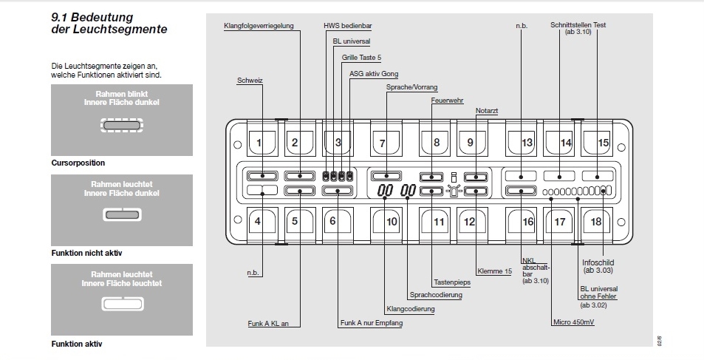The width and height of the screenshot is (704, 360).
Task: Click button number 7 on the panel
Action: pyautogui.click(x=383, y=143)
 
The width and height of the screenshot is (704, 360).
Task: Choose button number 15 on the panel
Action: pyautogui.click(x=603, y=143)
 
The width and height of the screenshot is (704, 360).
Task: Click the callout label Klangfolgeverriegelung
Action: pyautogui.click(x=259, y=26)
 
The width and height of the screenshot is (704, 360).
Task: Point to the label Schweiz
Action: pyautogui.click(x=250, y=80)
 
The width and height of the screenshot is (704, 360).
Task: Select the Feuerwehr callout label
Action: pyautogui.click(x=447, y=98)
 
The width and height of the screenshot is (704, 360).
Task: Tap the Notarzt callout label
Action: pyautogui.click(x=486, y=111)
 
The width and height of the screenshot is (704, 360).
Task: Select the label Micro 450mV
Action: pyautogui.click(x=573, y=322)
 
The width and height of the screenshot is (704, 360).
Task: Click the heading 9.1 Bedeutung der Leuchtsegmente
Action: pyautogui.click(x=109, y=22)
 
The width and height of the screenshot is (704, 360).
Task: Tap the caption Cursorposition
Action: pyautogui.click(x=78, y=162)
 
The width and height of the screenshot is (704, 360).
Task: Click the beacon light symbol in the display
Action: pyautogui.click(x=454, y=191)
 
